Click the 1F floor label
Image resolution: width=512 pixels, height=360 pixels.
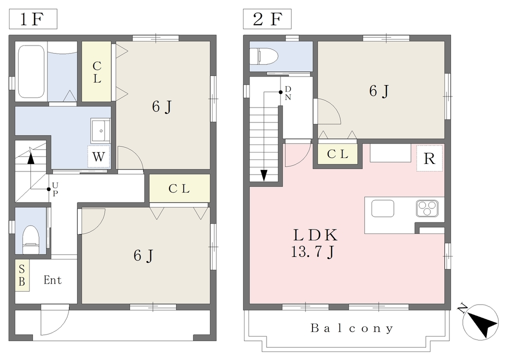click(x=32, y=19)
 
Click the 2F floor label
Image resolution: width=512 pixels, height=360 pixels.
click(x=267, y=19)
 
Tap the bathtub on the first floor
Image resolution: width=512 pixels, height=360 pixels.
click(x=31, y=71)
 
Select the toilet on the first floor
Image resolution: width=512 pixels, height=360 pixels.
click(x=30, y=239)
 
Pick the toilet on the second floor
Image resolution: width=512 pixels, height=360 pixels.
click(x=263, y=56)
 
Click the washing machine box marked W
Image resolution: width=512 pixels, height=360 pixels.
click(x=98, y=156)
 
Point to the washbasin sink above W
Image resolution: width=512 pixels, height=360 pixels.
click(x=100, y=130)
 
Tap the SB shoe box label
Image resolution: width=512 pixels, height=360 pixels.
click(x=22, y=275)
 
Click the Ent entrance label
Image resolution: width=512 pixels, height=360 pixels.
click(x=52, y=280)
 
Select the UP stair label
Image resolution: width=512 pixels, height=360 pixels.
click(x=55, y=189)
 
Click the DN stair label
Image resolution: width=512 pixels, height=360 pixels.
click(x=287, y=93)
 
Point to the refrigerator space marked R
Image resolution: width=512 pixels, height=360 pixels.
click(x=429, y=158)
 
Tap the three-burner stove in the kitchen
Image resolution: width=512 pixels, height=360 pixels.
click(x=427, y=208)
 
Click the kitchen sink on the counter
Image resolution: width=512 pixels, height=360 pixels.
click(x=382, y=208)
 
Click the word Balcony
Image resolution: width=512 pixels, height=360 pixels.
click(x=351, y=328)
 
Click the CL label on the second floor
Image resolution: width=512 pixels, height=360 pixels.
click(x=337, y=153)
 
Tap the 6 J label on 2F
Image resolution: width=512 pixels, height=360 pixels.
click(x=379, y=91)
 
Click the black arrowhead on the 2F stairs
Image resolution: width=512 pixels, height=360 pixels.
click(x=264, y=175)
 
